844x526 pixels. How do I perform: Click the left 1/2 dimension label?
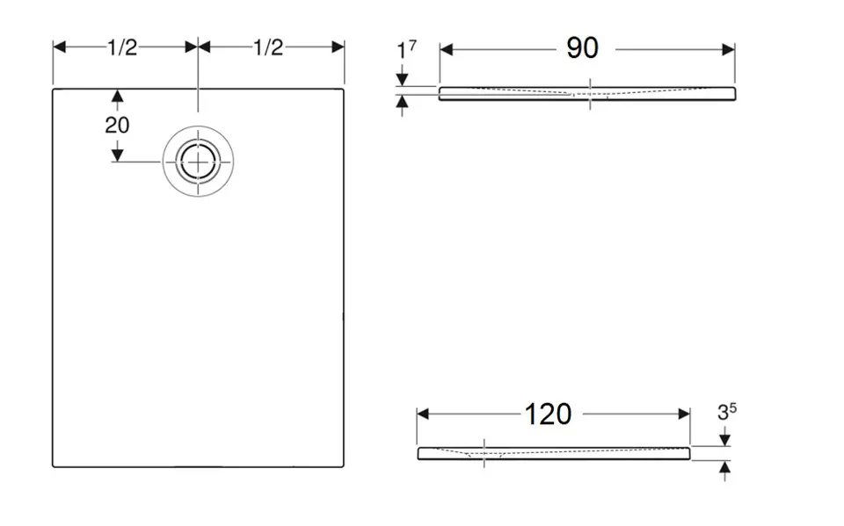122,48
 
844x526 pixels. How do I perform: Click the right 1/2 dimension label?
268,48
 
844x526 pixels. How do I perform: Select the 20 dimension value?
117,126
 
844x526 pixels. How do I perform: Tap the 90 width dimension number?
582,49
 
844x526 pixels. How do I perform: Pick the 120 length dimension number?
549,414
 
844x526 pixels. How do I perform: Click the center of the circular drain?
198,162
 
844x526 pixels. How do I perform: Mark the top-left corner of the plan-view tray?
53,89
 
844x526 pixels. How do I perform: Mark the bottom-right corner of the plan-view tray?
344,466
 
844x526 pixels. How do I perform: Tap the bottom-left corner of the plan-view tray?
53,466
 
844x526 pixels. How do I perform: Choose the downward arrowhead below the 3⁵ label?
724,439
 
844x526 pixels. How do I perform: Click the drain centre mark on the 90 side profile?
590,93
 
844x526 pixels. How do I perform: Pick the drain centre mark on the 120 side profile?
484,453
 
